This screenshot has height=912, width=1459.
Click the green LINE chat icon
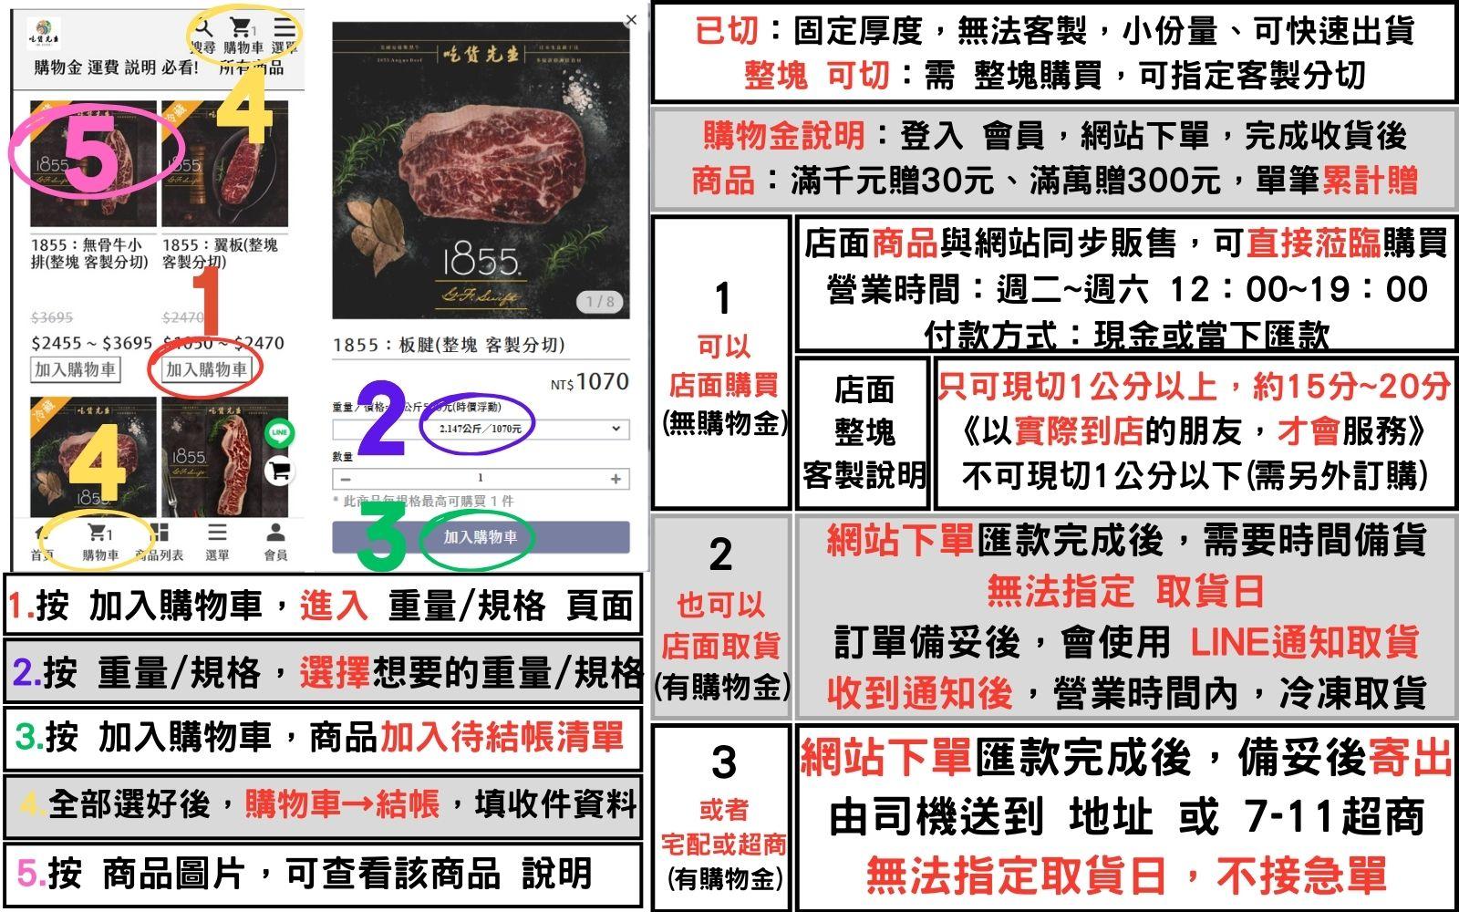point(279,432)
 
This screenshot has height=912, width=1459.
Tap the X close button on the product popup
point(631,19)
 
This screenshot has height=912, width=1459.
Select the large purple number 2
point(381,419)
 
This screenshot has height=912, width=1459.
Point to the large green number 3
point(380,539)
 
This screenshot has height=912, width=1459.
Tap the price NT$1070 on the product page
point(590,382)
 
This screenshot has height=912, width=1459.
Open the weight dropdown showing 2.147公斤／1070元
point(480,429)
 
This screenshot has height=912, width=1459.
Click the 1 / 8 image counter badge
point(599,301)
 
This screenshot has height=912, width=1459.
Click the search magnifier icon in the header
point(203,28)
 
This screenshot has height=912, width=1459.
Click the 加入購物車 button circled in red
point(206,369)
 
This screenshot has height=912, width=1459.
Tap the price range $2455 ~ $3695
point(91,343)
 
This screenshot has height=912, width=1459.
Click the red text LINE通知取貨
point(1304,642)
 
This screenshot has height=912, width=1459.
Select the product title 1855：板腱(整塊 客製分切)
point(449,345)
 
